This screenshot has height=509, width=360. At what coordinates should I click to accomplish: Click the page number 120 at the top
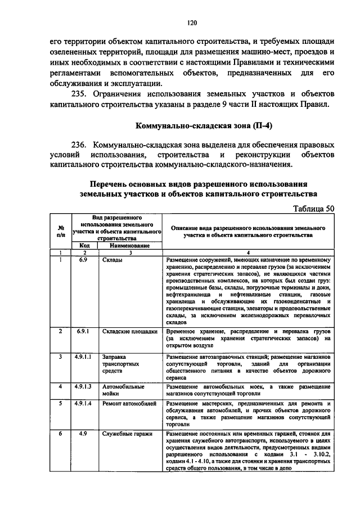(x=192, y=22)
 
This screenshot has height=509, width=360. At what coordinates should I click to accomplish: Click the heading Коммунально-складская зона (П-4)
(x=192, y=125)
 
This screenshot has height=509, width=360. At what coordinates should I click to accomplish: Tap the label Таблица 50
(x=314, y=209)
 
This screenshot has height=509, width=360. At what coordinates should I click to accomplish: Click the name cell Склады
(x=112, y=261)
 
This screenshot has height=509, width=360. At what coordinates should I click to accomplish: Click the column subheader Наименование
(x=129, y=246)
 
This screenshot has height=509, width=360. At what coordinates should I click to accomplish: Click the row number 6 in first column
(x=60, y=434)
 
